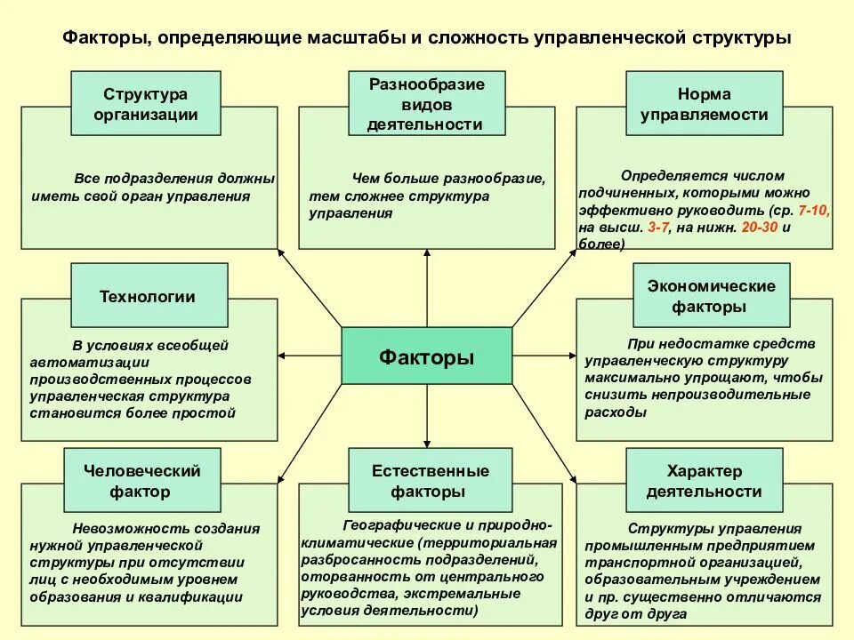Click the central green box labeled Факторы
click(x=427, y=356)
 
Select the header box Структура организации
click(x=146, y=103)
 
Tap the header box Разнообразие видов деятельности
click(x=427, y=103)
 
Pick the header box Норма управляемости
click(x=705, y=103)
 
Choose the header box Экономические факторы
click(x=710, y=296)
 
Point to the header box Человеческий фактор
click(x=142, y=481)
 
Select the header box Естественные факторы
click(x=430, y=481)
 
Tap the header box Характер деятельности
click(x=705, y=481)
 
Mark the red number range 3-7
click(x=658, y=227)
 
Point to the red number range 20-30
click(x=761, y=227)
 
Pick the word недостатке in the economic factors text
click(x=698, y=343)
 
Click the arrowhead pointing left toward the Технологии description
click(x=283, y=356)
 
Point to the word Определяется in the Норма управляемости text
click(x=665, y=175)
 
